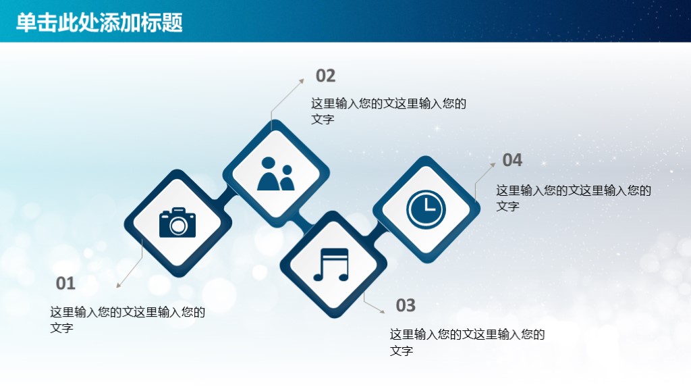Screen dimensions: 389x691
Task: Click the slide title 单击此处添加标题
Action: tap(99, 22)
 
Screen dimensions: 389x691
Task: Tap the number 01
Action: tap(65, 284)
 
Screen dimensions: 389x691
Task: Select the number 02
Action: tap(325, 76)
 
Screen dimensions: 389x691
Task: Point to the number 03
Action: tap(406, 305)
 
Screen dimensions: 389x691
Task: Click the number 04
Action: tap(512, 160)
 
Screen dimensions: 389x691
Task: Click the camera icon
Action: tap(177, 222)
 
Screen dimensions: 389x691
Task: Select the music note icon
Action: tap(331, 264)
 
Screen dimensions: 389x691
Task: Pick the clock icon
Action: tap(426, 209)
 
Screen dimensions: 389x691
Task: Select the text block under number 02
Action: tap(388, 111)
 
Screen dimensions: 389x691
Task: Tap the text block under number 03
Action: tap(467, 342)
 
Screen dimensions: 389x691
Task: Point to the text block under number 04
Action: tap(574, 197)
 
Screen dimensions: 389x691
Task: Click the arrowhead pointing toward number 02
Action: tap(301, 80)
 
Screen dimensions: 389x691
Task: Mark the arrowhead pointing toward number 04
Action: tap(493, 164)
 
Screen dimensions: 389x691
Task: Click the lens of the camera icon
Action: tap(178, 226)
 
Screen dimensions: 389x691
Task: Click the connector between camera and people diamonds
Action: tap(225, 194)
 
